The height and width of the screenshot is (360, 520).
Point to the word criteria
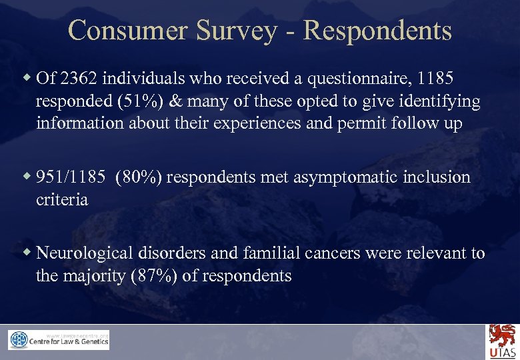click(62, 200)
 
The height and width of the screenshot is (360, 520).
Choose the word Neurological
click(86, 253)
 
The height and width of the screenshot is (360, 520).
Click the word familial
click(279, 253)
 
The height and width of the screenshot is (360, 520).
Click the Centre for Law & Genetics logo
click(59, 340)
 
